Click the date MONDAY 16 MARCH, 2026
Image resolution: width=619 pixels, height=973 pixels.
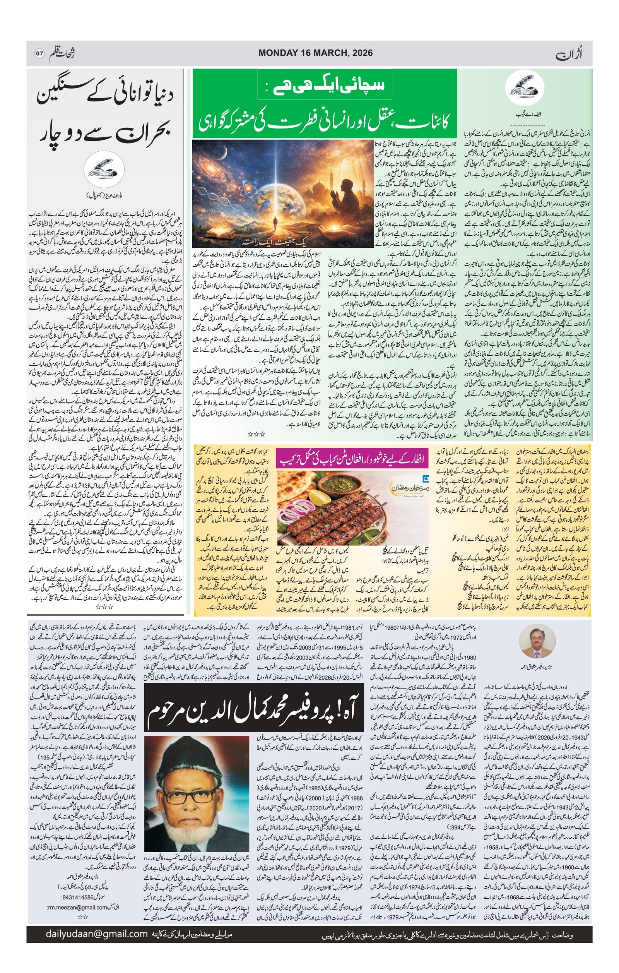315,53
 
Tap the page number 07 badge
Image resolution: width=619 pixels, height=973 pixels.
39,54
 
